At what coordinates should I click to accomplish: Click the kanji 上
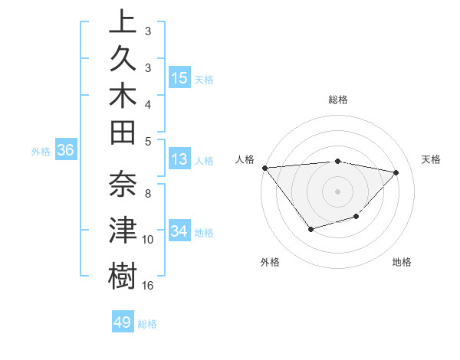pos(123,24)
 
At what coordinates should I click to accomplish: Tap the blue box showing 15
pos(179,77)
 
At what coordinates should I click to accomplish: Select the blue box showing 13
pos(179,159)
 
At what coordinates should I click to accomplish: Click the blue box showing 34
pos(179,231)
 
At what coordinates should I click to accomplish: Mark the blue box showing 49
pos(123,322)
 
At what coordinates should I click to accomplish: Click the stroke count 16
pos(148,286)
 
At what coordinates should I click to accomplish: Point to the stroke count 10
pos(148,239)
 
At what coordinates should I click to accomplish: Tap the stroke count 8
pos(148,193)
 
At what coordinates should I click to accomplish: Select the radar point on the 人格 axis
pos(264,167)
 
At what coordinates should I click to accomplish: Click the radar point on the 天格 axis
pos(396,172)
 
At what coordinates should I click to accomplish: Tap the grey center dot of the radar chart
pos(337,191)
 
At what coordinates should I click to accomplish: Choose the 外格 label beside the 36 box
pos(41,151)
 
